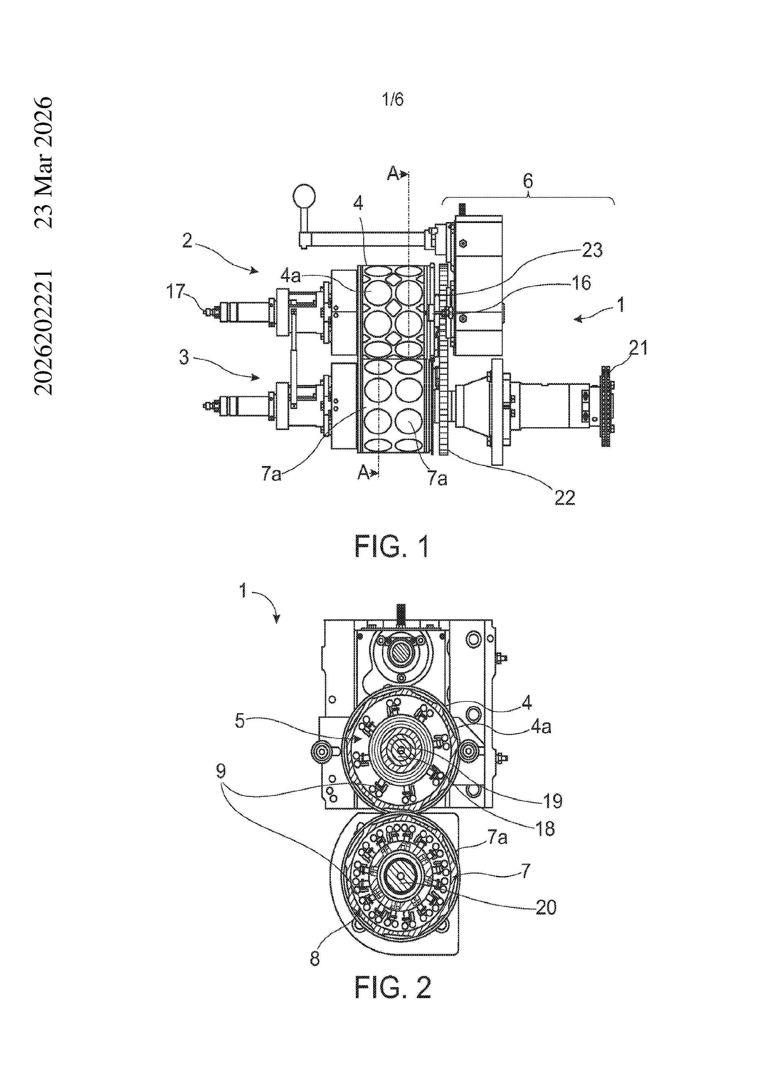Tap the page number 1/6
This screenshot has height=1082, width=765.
(393, 99)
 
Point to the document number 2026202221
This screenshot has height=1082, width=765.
(44, 332)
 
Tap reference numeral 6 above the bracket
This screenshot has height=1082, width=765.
(528, 181)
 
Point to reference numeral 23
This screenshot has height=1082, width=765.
(592, 250)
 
